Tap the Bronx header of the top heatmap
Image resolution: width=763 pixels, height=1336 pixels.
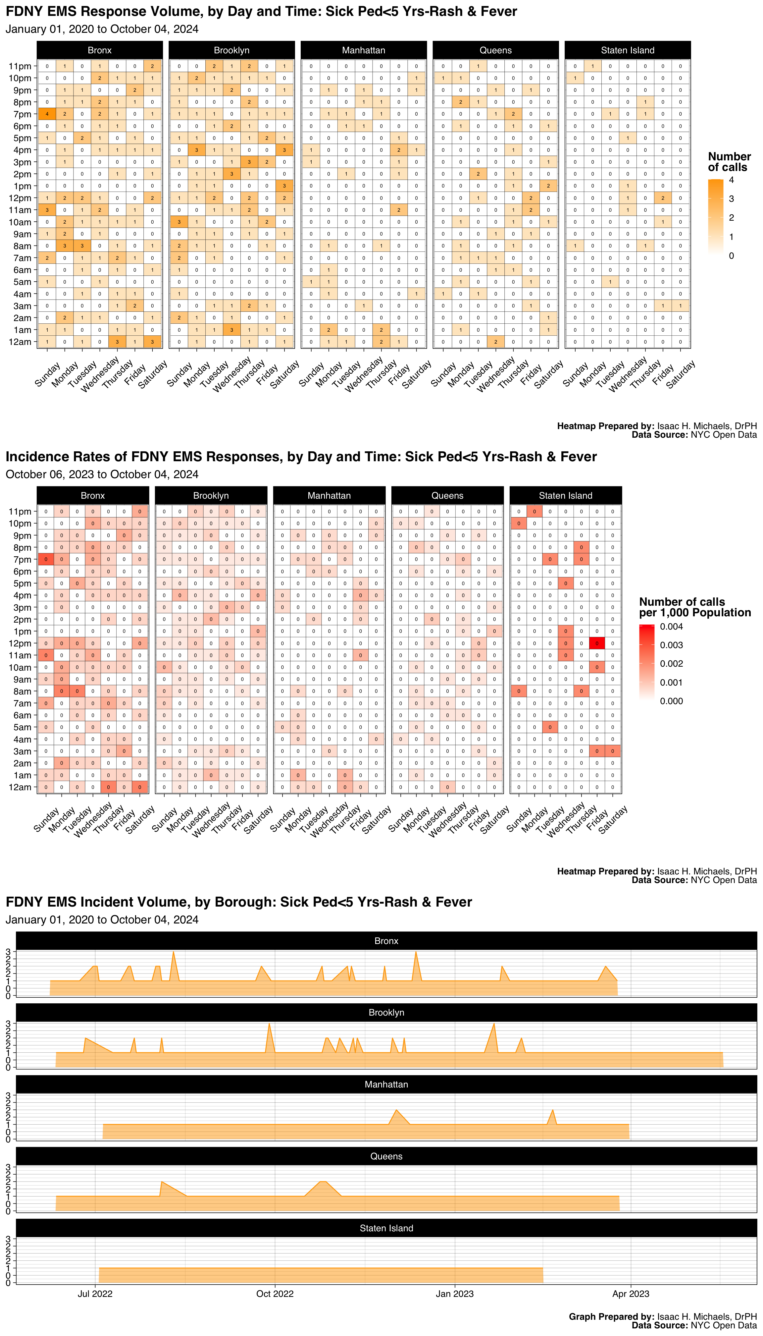pos(100,50)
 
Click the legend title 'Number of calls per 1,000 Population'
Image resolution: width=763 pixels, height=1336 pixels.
pos(695,607)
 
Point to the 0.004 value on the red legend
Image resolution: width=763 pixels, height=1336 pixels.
pos(671,627)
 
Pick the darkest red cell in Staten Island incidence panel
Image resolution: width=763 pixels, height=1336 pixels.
pos(597,643)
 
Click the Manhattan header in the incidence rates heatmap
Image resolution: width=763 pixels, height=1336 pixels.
pos(329,495)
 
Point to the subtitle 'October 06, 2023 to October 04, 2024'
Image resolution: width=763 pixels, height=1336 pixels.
pos(102,474)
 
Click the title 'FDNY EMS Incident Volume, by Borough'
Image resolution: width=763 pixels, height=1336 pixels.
pos(238,902)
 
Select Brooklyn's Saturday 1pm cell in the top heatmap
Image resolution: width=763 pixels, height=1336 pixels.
pos(284,186)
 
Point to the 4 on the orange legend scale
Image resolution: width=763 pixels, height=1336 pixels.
pos(732,180)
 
